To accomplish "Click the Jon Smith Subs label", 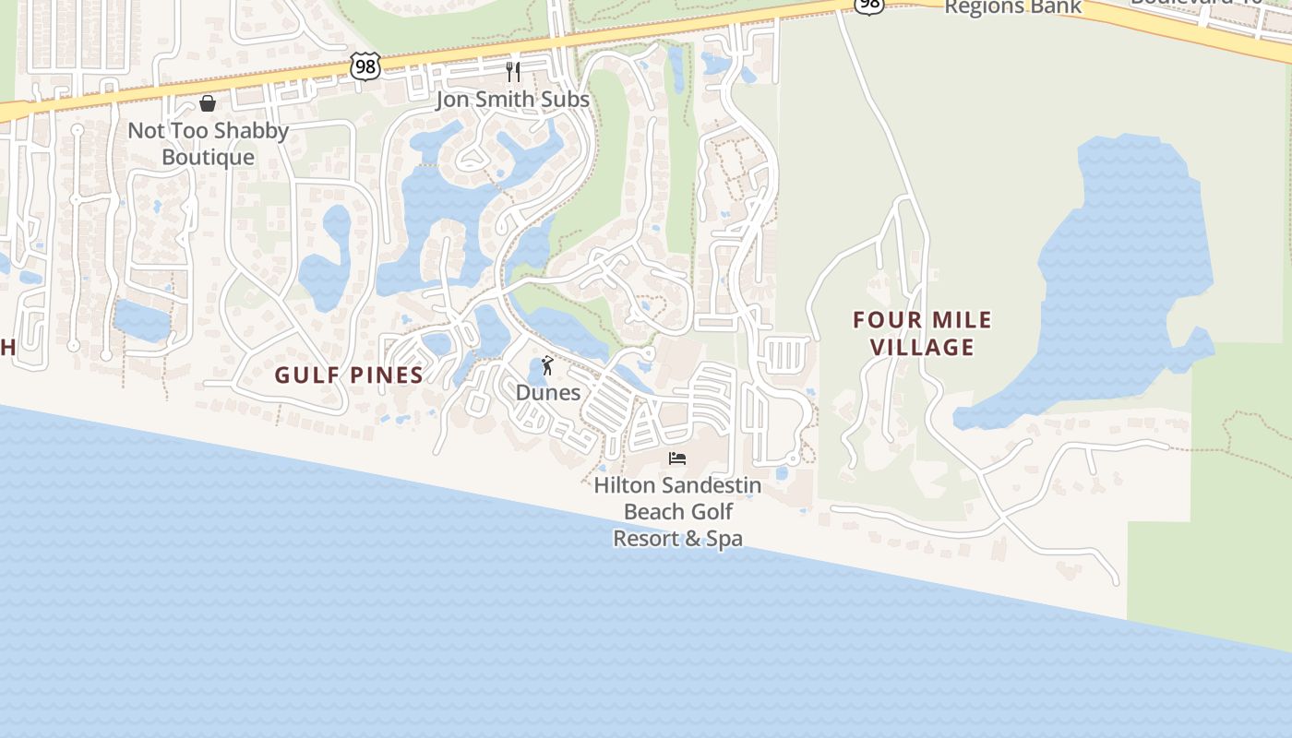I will click(512, 99).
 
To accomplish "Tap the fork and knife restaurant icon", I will click(513, 71).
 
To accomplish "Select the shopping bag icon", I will click(208, 103).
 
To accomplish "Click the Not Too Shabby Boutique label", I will click(208, 143).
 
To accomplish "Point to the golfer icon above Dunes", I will click(547, 365).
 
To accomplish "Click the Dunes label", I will click(548, 392).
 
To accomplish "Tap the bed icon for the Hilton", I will click(677, 458).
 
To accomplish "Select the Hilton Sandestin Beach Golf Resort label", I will click(678, 511).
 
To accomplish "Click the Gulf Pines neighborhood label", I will click(349, 375).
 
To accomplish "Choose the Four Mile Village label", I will click(922, 333).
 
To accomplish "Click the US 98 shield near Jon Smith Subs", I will click(365, 65).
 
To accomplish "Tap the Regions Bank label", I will click(1012, 7).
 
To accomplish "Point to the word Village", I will click(922, 347).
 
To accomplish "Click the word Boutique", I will click(208, 157).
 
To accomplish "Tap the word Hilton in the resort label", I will click(626, 484).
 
